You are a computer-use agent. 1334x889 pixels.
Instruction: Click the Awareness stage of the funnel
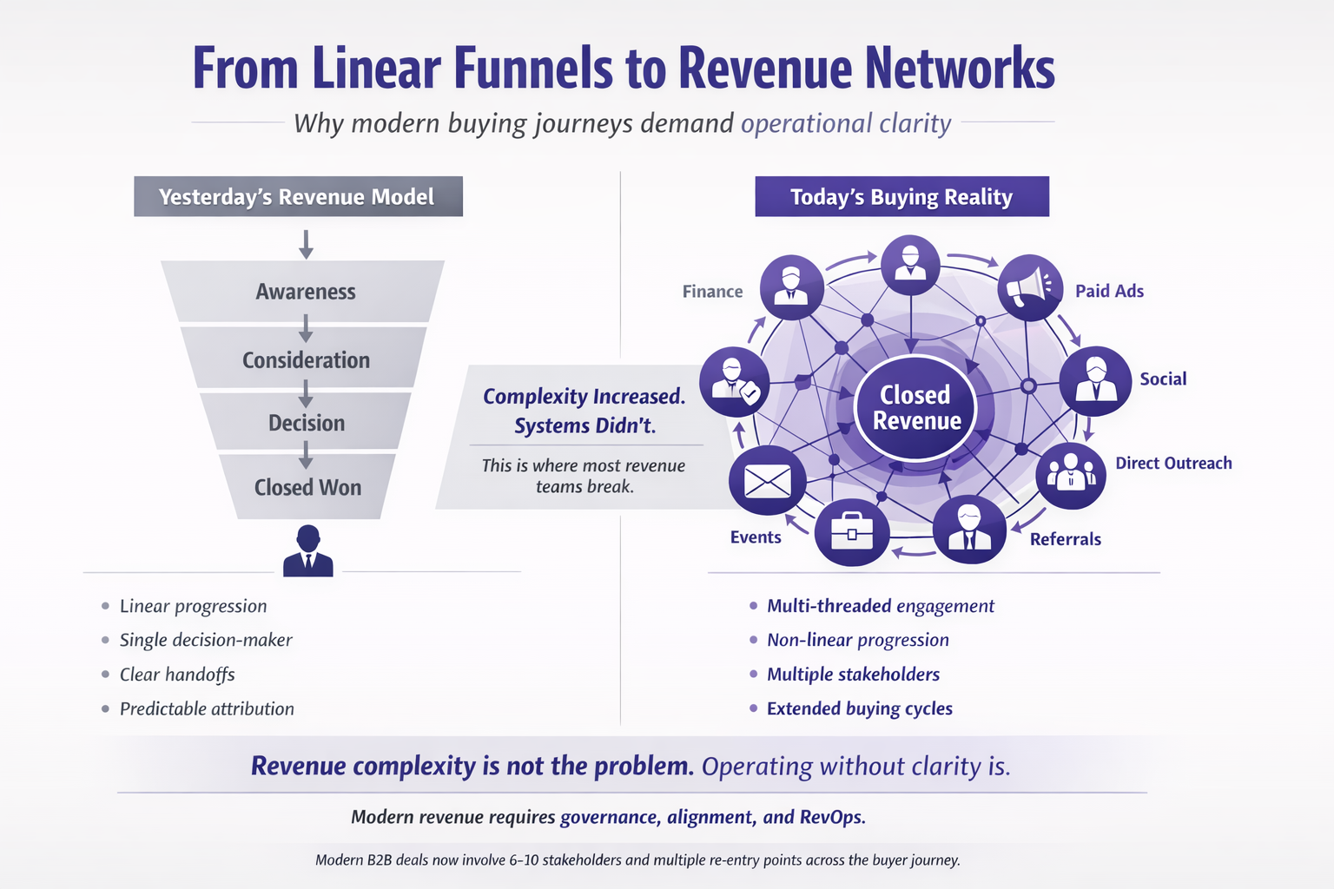pos(306,292)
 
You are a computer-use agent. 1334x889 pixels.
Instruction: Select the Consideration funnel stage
pos(306,359)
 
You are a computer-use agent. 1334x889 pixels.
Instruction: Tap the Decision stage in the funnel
pos(306,423)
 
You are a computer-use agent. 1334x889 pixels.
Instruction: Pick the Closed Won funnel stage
pos(307,487)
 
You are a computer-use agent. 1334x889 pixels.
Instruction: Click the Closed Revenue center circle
pos(916,408)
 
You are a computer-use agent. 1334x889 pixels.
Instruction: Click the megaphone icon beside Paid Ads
pos(1030,287)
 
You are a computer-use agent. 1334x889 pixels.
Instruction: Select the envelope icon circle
pos(767,481)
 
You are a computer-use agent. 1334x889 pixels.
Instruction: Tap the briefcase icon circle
pos(851,531)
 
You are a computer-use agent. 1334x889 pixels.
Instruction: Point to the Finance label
pos(712,292)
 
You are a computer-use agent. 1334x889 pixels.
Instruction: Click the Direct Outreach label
pos(1173,463)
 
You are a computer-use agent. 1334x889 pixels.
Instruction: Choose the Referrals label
pos(1065,539)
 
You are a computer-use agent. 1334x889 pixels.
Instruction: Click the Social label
pos(1163,379)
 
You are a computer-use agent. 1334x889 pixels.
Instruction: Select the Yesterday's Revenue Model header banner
pos(298,197)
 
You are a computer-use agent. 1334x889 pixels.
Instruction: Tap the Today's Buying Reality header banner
pos(901,197)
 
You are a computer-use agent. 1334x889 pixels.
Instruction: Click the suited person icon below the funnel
pos(308,551)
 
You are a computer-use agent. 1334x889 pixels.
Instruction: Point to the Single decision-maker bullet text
pos(206,640)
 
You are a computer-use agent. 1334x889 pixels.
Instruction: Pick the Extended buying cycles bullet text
pos(859,708)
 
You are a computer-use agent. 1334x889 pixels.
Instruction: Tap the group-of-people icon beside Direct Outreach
pos(1070,473)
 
